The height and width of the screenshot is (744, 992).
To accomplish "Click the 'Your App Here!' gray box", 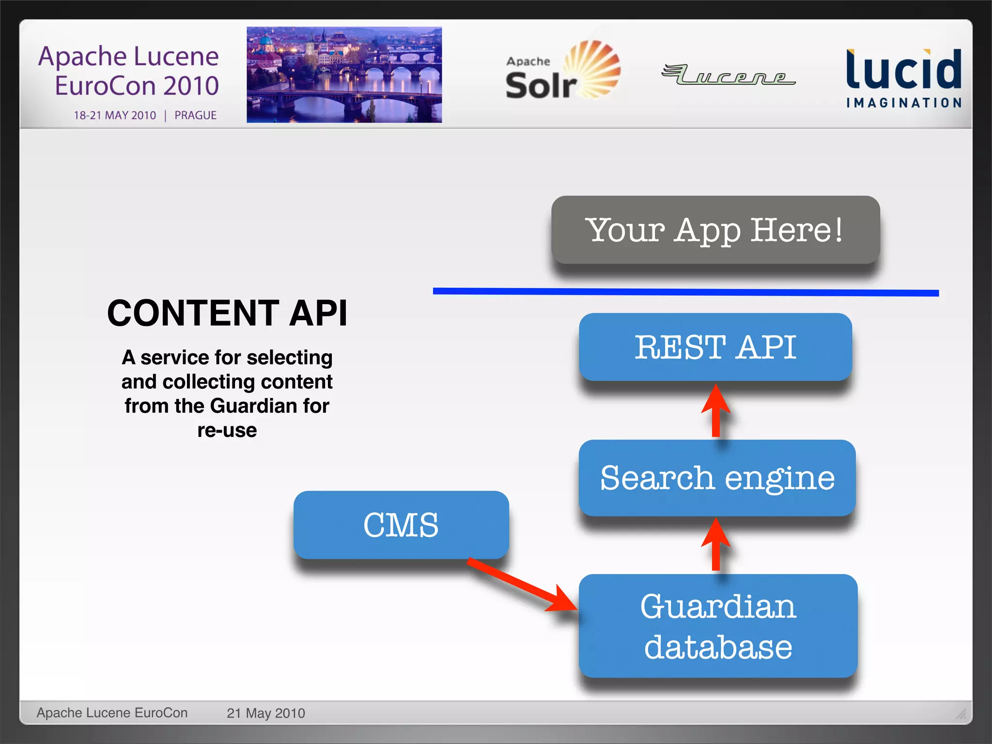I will tap(715, 230).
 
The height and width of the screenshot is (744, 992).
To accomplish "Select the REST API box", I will tap(715, 347).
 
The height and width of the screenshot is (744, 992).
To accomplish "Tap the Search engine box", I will tap(717, 478).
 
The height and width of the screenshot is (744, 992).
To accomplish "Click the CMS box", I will tap(401, 525).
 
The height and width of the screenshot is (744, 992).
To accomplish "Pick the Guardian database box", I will tap(718, 626).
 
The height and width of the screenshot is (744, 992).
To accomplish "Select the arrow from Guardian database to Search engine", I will tap(716, 545).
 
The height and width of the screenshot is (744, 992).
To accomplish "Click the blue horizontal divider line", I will tap(685, 292).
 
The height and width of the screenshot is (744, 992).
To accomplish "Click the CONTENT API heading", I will tap(227, 313).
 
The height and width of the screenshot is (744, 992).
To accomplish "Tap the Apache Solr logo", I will tap(562, 71).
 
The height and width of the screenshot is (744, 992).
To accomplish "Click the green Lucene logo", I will tap(728, 75).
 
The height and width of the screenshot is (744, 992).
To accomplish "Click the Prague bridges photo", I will tap(344, 75).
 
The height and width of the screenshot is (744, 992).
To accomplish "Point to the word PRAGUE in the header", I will tap(195, 115).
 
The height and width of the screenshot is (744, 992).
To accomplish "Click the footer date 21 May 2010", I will tap(265, 713).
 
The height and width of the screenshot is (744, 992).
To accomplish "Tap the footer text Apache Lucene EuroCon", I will tap(112, 713).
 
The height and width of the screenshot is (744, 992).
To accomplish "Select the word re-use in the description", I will tap(227, 431).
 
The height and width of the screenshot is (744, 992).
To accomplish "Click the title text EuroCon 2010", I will tap(137, 86).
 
